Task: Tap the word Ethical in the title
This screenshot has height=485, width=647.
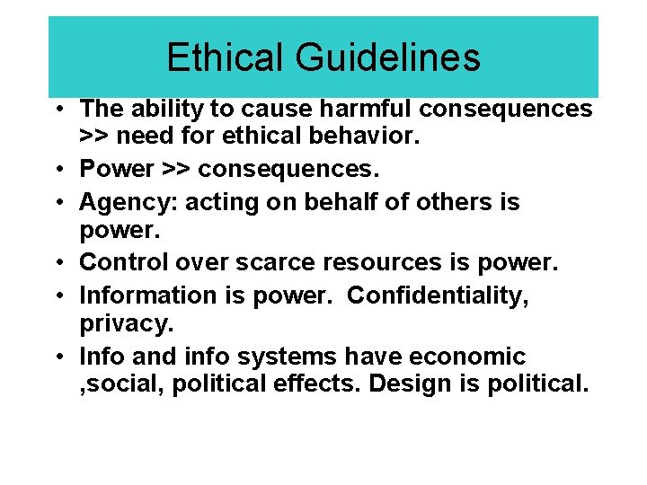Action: pos(226,57)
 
